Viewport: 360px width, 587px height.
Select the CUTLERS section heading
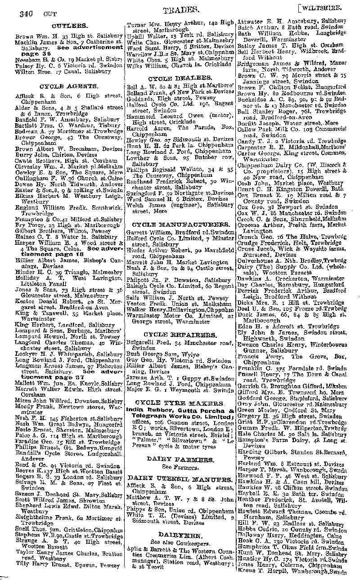pyautogui.click(x=69, y=26)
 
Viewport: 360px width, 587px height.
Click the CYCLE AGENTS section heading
pyautogui.click(x=68, y=85)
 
